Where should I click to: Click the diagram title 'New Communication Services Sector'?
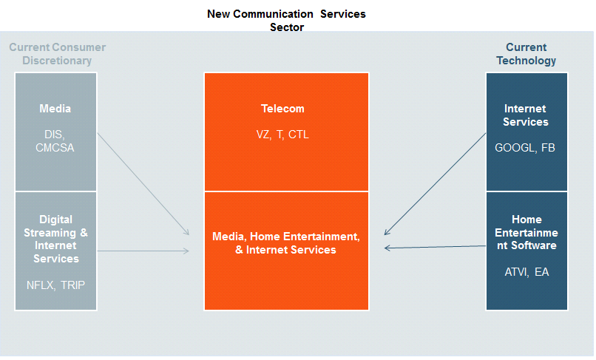tap(286, 21)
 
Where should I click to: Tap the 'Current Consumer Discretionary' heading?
tap(58, 54)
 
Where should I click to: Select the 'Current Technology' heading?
tap(526, 54)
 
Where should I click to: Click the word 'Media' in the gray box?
tap(55, 109)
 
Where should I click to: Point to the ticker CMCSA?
tap(55, 148)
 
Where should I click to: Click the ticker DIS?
tap(55, 135)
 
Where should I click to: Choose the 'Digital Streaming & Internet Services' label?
tap(56, 239)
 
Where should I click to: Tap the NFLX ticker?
tap(40, 285)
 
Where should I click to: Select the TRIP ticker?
tap(73, 285)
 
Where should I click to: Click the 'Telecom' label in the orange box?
tap(282, 109)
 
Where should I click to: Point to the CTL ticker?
tap(299, 135)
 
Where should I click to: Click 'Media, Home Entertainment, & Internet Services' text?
tap(286, 243)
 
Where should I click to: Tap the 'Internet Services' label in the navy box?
tap(526, 115)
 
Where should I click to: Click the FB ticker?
tap(548, 148)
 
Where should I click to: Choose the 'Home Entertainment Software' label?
tap(526, 232)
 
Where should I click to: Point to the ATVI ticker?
tap(516, 272)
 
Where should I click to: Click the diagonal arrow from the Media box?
tap(143, 184)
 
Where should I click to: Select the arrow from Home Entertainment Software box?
tap(436, 247)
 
